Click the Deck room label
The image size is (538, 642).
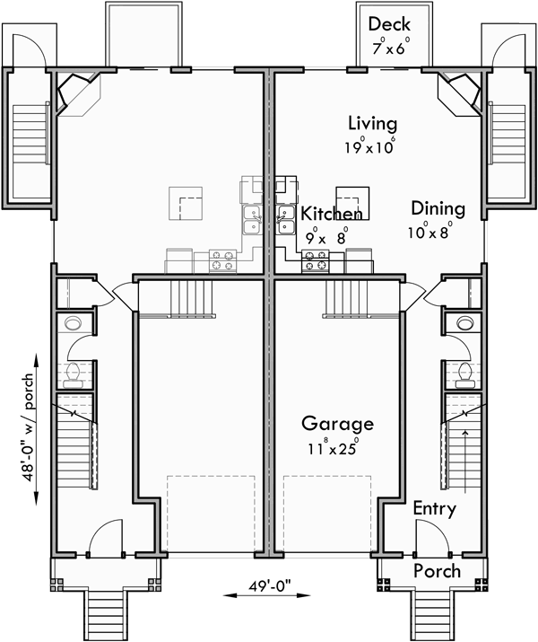(x=389, y=24)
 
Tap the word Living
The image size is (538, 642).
(x=372, y=124)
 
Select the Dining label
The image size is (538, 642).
(x=438, y=209)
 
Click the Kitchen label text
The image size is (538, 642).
(x=332, y=214)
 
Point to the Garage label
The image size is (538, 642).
(x=336, y=423)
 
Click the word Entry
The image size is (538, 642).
(x=434, y=509)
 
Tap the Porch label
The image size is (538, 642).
(x=437, y=571)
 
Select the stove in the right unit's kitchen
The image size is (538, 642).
(x=316, y=261)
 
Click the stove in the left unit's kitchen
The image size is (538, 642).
(x=221, y=261)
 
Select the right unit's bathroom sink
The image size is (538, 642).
(x=464, y=322)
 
